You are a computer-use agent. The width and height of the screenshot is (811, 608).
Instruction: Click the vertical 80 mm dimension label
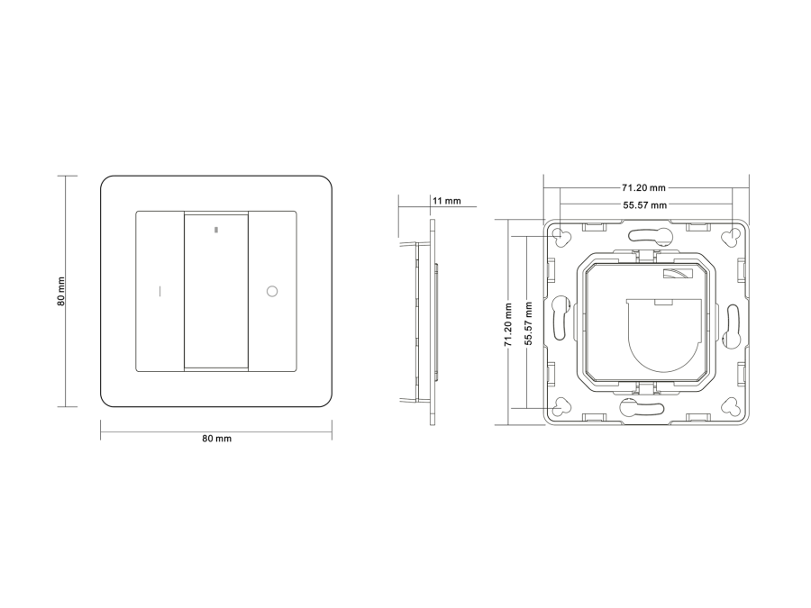61,292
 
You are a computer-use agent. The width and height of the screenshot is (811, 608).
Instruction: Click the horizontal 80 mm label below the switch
216,439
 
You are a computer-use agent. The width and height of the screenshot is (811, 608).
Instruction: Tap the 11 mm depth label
447,201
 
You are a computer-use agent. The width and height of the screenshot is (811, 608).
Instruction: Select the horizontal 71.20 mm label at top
644,187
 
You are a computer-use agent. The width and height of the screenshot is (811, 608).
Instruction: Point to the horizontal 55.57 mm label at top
644,204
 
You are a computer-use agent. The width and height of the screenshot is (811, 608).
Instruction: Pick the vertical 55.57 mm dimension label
527,323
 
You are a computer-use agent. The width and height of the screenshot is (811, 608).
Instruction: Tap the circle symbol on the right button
272,291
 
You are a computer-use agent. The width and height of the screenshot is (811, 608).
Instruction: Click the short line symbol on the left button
159,291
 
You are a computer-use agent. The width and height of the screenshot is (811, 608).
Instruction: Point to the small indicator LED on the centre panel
216,229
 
